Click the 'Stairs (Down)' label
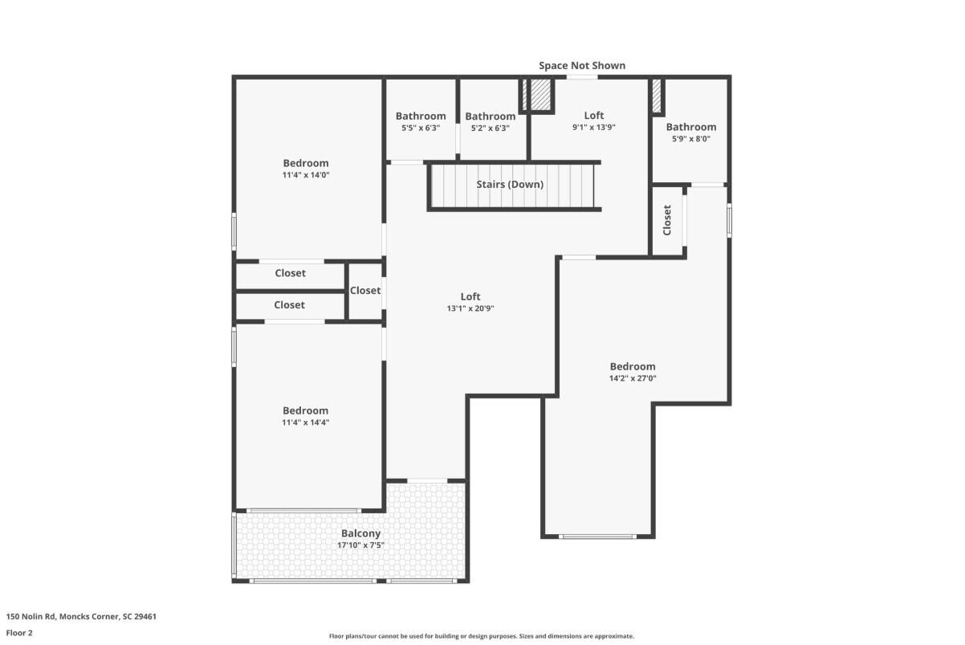pos(510,185)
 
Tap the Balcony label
pos(360,533)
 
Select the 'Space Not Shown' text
pos(581,65)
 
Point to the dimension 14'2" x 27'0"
pos(633,378)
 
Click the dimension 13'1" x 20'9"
pos(470,308)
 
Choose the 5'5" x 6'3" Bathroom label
pos(420,116)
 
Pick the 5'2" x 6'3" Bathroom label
pos(490,116)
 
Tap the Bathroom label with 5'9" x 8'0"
pos(690,127)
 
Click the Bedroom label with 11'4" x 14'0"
pos(305,163)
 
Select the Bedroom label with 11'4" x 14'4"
pos(305,410)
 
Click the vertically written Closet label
pos(667,220)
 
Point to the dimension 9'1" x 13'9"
pos(593,127)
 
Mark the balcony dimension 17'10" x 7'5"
pos(360,546)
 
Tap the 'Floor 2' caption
pos(19,632)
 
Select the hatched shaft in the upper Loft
pos(539,96)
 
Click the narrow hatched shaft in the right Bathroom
pos(656,96)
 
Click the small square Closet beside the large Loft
pos(364,291)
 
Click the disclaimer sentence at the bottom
pos(482,636)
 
